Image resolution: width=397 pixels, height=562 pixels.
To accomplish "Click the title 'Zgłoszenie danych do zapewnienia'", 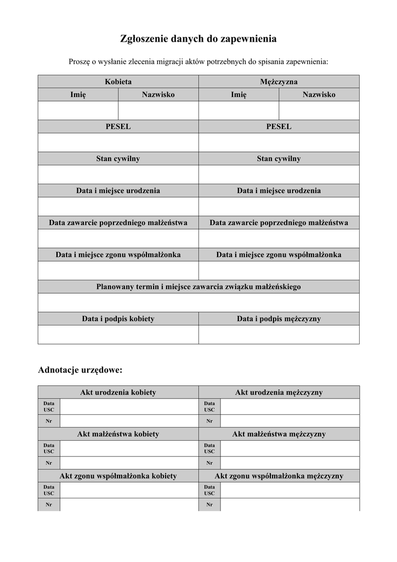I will (x=198, y=39).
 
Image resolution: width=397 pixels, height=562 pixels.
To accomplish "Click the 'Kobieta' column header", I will (x=118, y=82).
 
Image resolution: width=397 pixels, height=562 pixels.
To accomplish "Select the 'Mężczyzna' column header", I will (x=279, y=82).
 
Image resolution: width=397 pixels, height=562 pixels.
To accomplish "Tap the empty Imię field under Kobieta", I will (x=78, y=110).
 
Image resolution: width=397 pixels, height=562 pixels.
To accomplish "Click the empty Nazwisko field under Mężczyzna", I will (x=319, y=110).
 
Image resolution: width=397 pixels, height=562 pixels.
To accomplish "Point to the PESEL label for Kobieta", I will (x=118, y=127).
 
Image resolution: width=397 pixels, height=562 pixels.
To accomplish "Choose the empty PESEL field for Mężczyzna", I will (x=279, y=142).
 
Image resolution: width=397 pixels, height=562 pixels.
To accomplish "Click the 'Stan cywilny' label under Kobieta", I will (x=118, y=159).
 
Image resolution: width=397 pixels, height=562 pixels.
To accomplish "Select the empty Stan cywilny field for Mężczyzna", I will (x=279, y=175).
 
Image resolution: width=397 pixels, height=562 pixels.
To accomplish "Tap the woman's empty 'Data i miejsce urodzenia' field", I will (x=118, y=206).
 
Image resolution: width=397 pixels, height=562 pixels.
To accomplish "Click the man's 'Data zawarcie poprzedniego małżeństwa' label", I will (x=279, y=223).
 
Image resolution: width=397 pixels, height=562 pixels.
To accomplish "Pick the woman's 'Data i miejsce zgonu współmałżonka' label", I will (x=118, y=255).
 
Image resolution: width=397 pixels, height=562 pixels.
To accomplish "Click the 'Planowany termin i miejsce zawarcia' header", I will (x=198, y=286).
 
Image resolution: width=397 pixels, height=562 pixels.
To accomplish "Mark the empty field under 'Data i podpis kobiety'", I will (x=118, y=334).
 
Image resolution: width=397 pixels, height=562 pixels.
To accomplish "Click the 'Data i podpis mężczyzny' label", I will (x=279, y=318).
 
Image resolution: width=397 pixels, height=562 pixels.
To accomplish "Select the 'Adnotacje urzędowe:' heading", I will (x=80, y=370).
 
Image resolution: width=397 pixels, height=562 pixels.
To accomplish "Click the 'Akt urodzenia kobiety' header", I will (x=118, y=392).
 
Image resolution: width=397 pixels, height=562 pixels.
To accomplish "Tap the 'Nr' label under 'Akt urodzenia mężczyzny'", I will (x=209, y=421).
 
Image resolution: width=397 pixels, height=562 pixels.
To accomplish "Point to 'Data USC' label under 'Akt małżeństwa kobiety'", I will (x=49, y=448).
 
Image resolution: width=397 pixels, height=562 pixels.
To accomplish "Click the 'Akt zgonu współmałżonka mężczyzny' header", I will (x=279, y=476).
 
